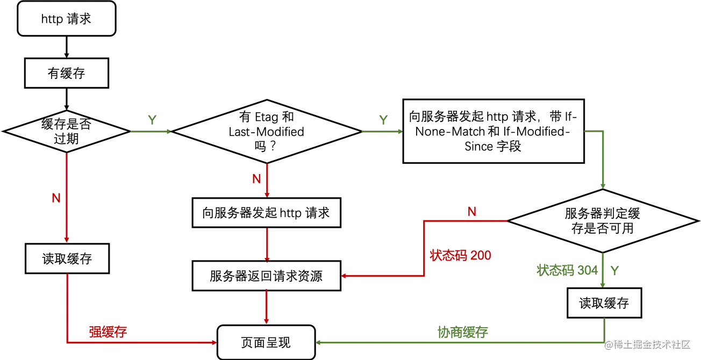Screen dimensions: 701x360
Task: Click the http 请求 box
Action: [67, 19]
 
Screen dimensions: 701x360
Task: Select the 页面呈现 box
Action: [266, 342]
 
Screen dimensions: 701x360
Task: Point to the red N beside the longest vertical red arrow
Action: [55, 198]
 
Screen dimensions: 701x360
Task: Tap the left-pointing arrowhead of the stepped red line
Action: [345, 276]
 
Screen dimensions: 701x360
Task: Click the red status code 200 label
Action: [461, 255]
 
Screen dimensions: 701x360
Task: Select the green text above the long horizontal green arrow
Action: [462, 332]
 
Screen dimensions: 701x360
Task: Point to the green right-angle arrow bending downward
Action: [603, 156]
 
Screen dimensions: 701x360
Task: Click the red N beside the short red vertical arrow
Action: [256, 178]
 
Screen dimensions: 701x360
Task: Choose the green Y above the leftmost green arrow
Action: [152, 118]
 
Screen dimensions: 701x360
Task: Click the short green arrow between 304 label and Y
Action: [603, 270]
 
